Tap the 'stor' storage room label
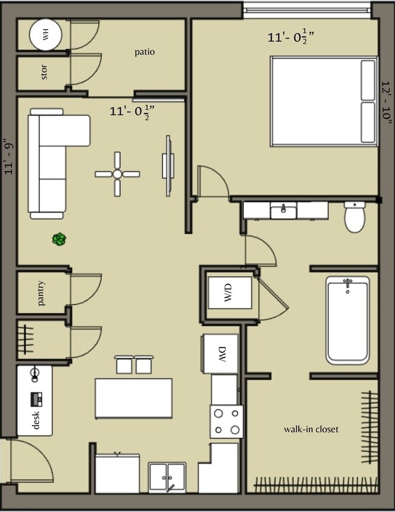(x=44, y=73)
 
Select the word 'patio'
(x=144, y=52)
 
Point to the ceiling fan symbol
(x=117, y=174)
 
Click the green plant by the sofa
(x=58, y=240)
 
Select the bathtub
(x=347, y=320)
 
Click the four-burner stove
(x=226, y=422)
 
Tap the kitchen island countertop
(x=133, y=398)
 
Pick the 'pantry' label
(x=41, y=293)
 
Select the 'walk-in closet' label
(x=311, y=429)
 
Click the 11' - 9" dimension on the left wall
(x=8, y=157)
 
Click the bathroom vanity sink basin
(x=283, y=211)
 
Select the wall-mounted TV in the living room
(x=168, y=165)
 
